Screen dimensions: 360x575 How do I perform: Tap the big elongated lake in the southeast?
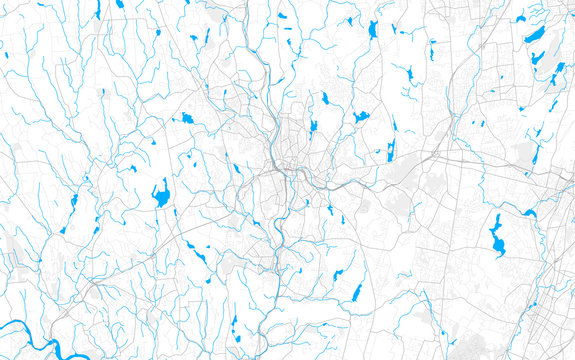click(496, 238)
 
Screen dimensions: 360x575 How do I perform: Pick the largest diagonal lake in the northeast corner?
click(536, 34)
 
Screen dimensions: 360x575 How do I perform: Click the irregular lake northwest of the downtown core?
click(186, 119)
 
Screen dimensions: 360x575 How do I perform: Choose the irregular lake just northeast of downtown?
click(361, 117)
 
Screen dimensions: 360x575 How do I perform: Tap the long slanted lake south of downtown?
click(355, 293)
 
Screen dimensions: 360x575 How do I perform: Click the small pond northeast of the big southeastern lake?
click(529, 213)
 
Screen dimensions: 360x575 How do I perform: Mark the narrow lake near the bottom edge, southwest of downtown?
click(235, 327)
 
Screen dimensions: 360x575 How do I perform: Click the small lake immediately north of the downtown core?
click(313, 127)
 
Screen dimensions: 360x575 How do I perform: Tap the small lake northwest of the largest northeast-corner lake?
click(522, 17)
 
